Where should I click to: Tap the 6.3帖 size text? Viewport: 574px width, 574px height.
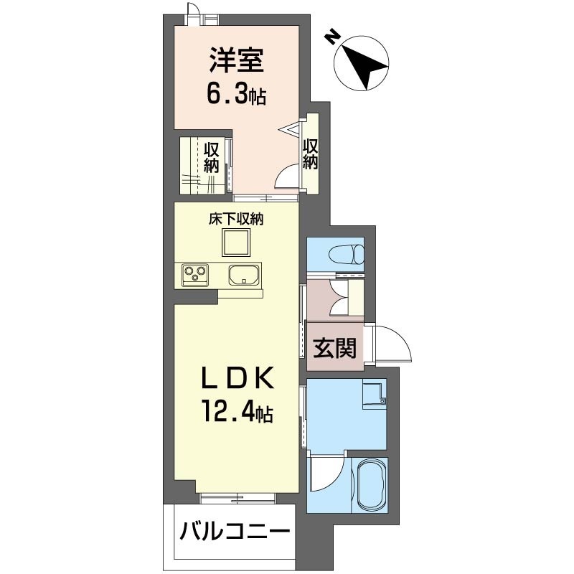(x=237, y=94)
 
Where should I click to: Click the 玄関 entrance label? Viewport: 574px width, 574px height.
(x=335, y=348)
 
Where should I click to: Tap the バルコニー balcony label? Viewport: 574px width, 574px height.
(x=235, y=532)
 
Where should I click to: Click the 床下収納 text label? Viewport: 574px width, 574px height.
(x=236, y=220)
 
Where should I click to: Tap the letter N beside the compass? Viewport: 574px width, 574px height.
(x=331, y=36)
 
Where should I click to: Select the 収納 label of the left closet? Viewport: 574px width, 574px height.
(x=211, y=157)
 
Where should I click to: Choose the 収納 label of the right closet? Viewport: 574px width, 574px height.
(x=310, y=153)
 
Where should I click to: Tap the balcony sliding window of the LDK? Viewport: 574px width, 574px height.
(x=237, y=497)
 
